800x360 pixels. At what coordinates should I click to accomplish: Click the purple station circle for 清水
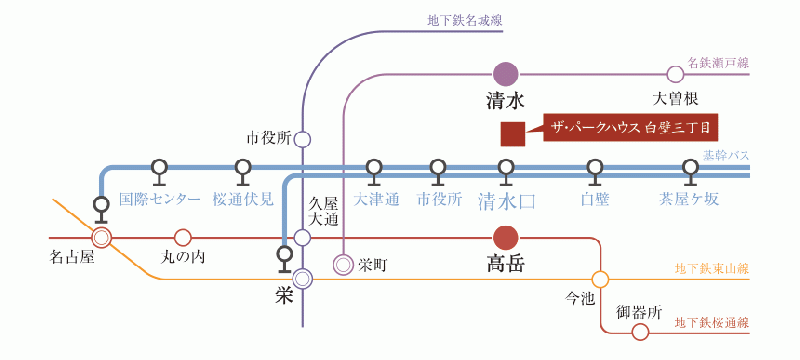506,74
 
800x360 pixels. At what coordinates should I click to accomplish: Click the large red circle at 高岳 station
506,238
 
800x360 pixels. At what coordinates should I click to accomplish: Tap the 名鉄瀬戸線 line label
718,62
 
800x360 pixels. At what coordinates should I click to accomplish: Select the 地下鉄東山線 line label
712,270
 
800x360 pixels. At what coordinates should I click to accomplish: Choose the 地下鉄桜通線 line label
712,322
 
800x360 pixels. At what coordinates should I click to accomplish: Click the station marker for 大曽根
675,74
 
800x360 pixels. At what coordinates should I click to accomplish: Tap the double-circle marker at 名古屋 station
101,238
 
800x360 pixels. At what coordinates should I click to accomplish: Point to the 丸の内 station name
182,258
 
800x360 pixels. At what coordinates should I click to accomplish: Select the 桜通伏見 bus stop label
243,199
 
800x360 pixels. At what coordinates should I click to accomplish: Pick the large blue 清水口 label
506,200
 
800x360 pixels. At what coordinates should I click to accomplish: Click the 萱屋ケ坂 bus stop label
689,199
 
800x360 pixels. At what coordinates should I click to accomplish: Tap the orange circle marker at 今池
600,279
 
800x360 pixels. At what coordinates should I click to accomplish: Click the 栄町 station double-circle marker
343,265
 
